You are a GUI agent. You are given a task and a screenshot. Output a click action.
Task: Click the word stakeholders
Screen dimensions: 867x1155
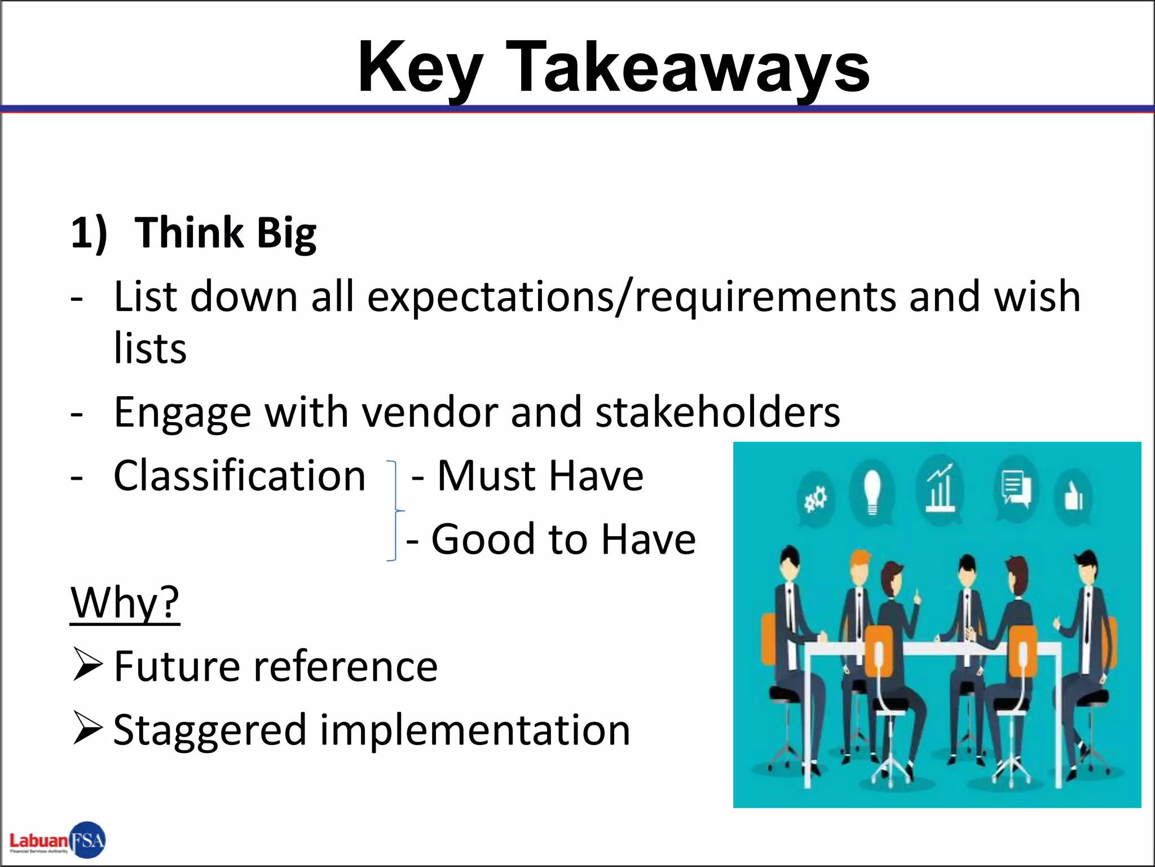pyautogui.click(x=717, y=412)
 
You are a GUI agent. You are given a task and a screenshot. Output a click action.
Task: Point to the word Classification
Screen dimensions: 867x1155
pyautogui.click(x=240, y=476)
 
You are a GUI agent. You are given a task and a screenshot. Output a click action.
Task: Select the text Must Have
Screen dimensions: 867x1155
pyautogui.click(x=540, y=476)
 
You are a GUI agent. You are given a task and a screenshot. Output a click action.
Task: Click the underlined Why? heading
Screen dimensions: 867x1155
pyautogui.click(x=125, y=603)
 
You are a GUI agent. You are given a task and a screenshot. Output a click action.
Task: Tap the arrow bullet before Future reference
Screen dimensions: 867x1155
pyautogui.click(x=87, y=665)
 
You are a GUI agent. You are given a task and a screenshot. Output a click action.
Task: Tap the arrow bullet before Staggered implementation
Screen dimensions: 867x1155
pyautogui.click(x=87, y=729)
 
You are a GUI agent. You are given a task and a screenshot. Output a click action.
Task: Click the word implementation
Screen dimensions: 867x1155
pyautogui.click(x=475, y=730)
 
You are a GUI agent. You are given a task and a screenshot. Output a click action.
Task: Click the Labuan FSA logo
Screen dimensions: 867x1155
pyautogui.click(x=58, y=840)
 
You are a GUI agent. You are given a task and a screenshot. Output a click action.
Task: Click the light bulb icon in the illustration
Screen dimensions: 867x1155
pyautogui.click(x=872, y=492)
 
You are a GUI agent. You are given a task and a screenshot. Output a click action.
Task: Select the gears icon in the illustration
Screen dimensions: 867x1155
pyautogui.click(x=815, y=500)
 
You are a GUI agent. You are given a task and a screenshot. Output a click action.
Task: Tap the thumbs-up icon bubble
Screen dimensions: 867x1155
pyautogui.click(x=1073, y=497)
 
